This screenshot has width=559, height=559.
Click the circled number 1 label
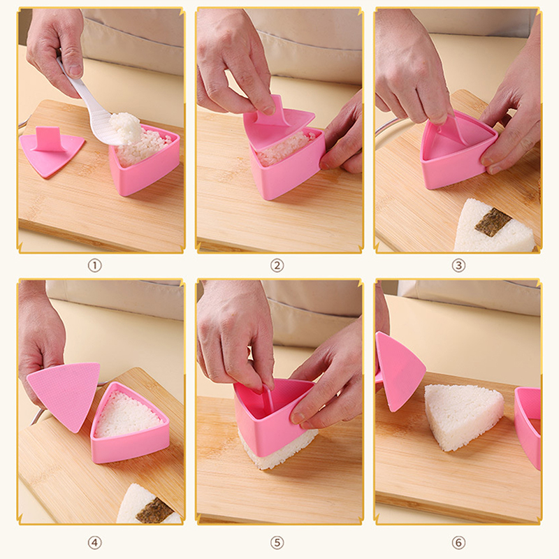click(94, 266)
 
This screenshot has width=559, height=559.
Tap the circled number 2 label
click(277, 266)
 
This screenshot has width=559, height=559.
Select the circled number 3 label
click(458, 266)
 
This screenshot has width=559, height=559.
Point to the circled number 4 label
click(94, 543)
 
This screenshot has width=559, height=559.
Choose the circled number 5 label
click(277, 543)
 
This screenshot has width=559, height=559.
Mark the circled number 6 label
click(458, 543)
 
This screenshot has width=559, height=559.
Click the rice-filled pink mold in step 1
click(145, 161)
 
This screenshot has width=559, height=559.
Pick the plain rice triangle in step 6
click(463, 415)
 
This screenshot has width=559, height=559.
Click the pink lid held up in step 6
click(399, 371)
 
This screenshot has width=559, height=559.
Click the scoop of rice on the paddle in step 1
click(125, 126)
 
